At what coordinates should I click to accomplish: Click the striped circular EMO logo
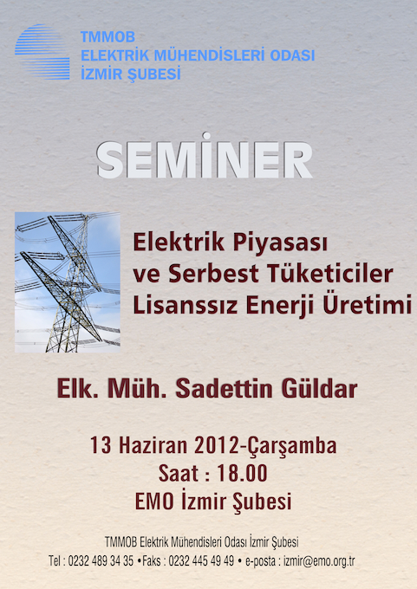click(42, 52)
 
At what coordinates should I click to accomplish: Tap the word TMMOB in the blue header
click(108, 36)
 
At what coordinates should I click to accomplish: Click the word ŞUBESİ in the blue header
click(154, 73)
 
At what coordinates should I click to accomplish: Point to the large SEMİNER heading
click(205, 156)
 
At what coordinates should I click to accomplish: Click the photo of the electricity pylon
click(68, 282)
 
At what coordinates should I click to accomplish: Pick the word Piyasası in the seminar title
click(280, 243)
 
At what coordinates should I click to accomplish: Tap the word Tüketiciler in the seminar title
click(330, 274)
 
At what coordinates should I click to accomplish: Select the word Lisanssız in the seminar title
click(186, 305)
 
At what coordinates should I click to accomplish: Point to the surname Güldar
click(319, 388)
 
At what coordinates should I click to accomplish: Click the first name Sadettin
click(224, 388)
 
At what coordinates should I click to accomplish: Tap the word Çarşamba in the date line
click(290, 447)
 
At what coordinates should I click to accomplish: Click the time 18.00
click(242, 473)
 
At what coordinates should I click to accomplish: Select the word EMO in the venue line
click(154, 502)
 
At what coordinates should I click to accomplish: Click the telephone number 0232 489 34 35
click(101, 561)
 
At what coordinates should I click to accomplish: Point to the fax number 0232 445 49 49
click(201, 561)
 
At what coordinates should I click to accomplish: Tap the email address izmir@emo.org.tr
click(319, 561)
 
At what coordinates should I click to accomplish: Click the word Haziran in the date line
click(153, 445)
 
